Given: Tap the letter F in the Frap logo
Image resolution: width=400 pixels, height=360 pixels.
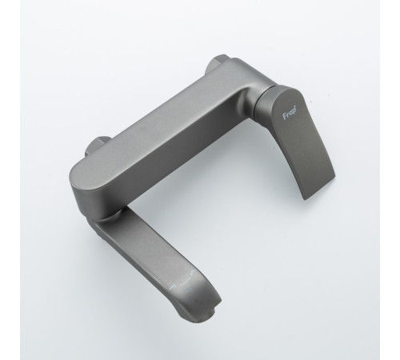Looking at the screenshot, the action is click(x=285, y=116).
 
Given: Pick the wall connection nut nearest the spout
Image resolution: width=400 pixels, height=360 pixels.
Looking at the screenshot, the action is click(x=98, y=146).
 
